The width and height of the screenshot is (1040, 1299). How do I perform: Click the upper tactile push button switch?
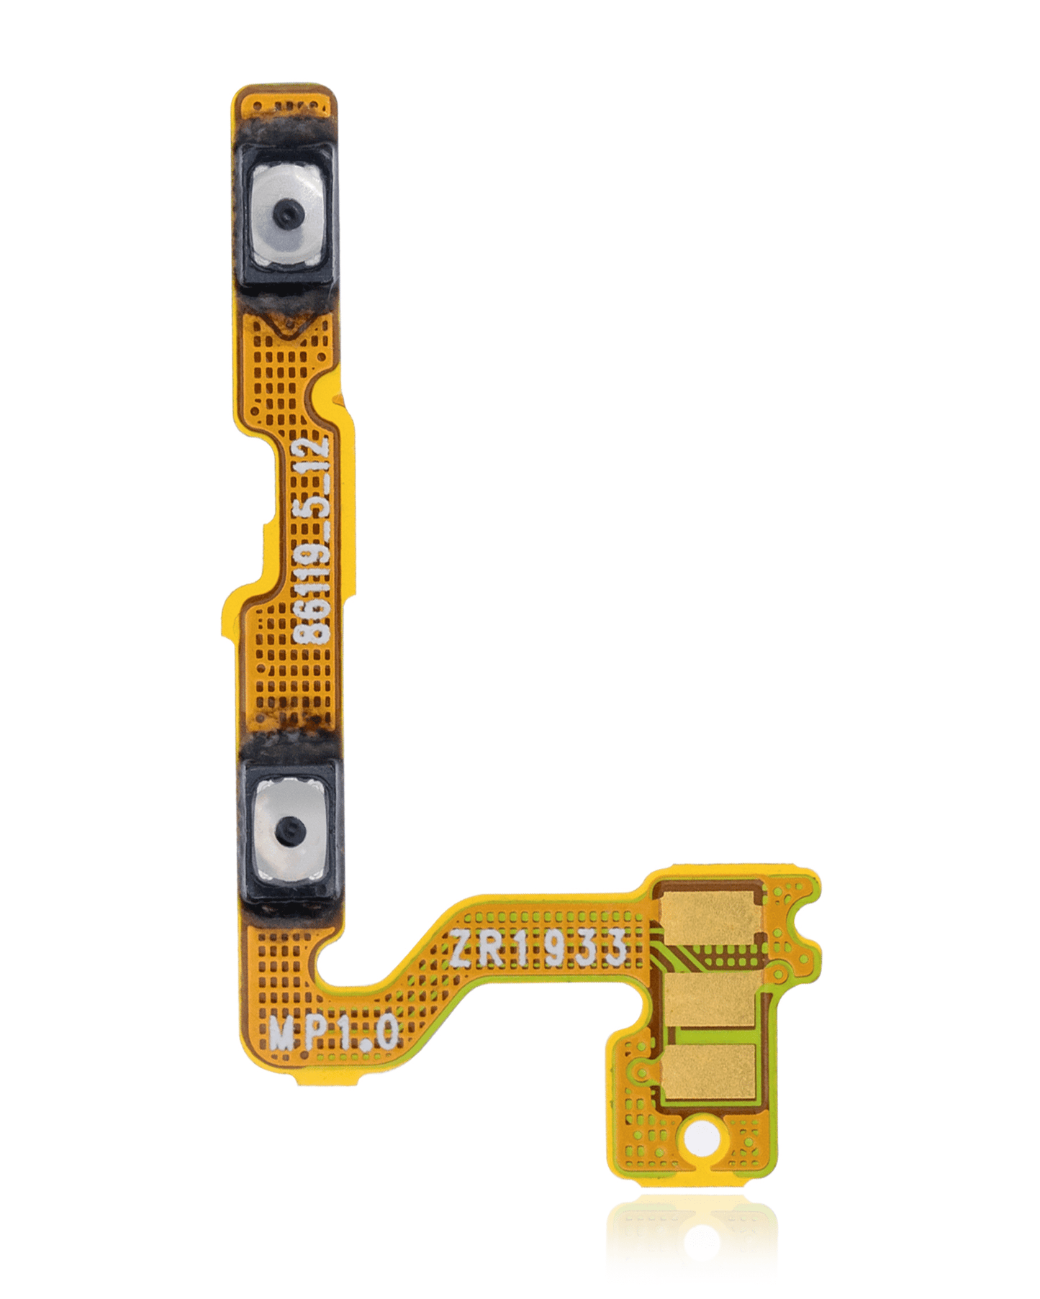(x=286, y=214)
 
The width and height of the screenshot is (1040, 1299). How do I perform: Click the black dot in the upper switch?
(x=286, y=214)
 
